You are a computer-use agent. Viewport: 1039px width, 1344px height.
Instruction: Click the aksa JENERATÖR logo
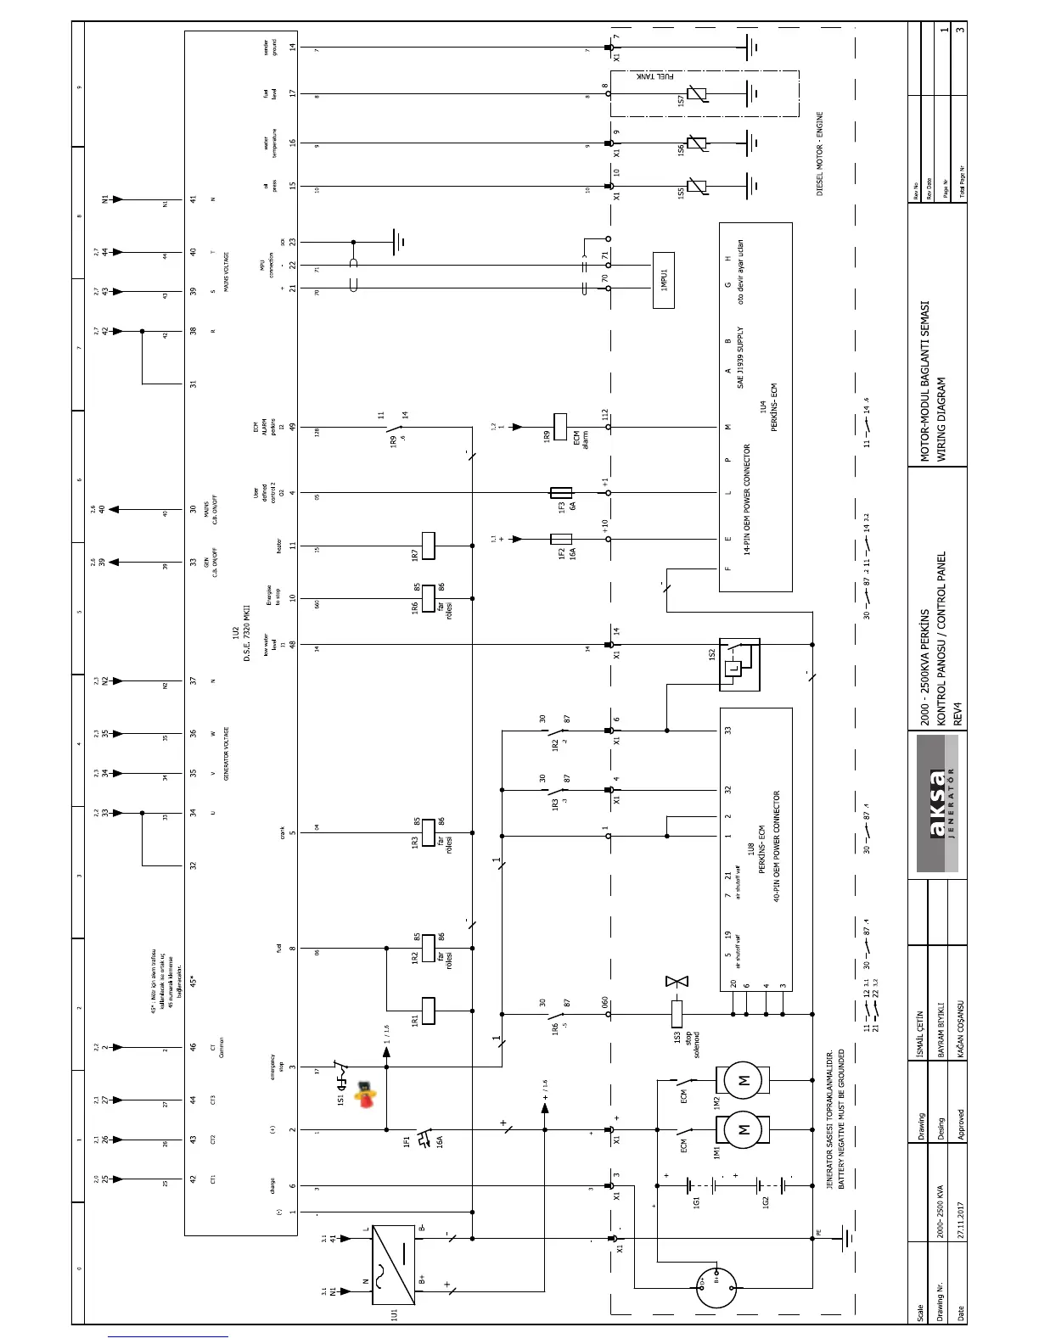click(x=937, y=803)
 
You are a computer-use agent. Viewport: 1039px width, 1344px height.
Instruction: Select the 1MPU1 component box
click(x=664, y=279)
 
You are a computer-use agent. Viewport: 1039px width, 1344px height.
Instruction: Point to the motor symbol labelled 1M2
click(x=744, y=1080)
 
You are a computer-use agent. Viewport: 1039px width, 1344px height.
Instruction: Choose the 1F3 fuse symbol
click(x=561, y=492)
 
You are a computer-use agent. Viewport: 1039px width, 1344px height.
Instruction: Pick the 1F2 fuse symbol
click(x=561, y=539)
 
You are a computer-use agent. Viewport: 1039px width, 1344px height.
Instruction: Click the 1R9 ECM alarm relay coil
click(x=560, y=427)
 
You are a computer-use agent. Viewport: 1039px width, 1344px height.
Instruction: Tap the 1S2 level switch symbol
click(x=739, y=664)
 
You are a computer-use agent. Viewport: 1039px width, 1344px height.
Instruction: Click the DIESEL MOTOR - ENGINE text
click(x=821, y=154)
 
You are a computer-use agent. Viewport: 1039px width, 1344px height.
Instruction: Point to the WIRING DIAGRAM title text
click(x=941, y=419)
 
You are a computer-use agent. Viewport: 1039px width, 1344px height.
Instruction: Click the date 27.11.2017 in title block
click(x=961, y=1218)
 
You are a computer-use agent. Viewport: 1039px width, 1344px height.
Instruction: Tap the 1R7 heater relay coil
click(x=428, y=546)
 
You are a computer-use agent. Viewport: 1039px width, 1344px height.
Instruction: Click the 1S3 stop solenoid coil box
click(x=677, y=1012)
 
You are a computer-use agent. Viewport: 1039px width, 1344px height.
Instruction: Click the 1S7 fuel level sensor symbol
click(x=697, y=93)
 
